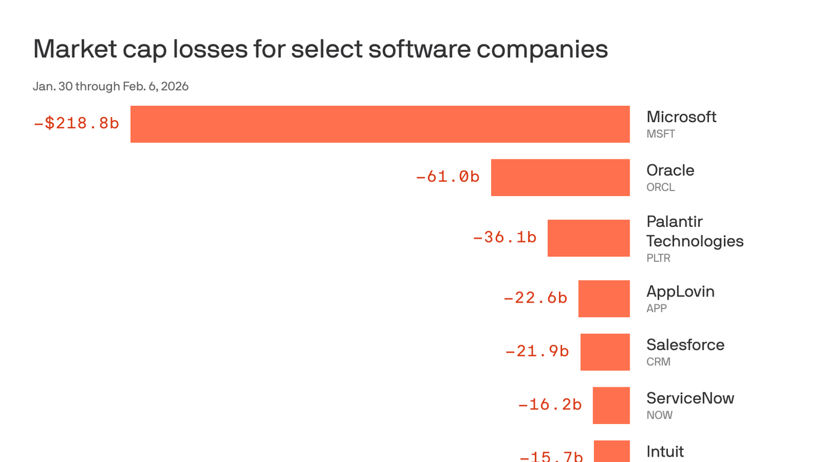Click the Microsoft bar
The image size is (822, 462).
click(380, 124)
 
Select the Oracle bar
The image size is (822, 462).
click(560, 177)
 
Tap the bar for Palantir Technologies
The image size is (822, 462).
click(589, 238)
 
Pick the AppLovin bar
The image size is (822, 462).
click(604, 298)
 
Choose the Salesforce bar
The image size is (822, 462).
click(605, 352)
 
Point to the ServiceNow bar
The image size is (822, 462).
click(611, 405)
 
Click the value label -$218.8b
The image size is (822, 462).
click(76, 123)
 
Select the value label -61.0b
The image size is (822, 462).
click(447, 177)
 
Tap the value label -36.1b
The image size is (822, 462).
click(504, 238)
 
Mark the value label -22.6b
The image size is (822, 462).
click(535, 298)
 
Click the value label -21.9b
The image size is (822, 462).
click(537, 351)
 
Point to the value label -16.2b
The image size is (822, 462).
click(549, 405)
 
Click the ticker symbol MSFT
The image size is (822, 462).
click(660, 134)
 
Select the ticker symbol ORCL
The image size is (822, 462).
click(660, 187)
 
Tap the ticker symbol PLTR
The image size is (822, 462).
click(658, 258)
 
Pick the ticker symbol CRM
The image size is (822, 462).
click(658, 362)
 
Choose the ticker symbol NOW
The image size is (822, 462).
click(659, 415)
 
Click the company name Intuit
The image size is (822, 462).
click(665, 451)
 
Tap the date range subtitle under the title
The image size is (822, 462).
click(111, 87)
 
